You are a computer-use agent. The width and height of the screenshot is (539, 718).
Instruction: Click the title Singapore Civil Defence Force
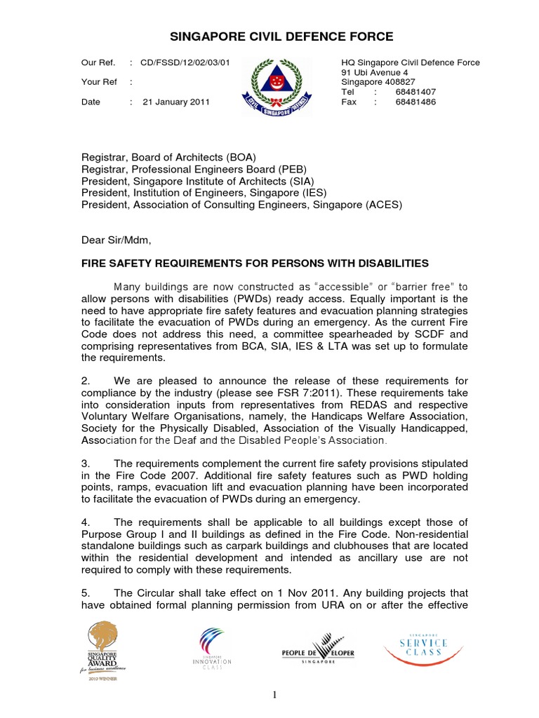click(273, 36)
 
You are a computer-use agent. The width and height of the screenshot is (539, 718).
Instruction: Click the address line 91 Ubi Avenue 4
click(374, 72)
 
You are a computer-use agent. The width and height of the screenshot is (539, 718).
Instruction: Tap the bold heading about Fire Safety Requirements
click(255, 263)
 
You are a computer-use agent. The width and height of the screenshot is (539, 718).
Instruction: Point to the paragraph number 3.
click(85, 463)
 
